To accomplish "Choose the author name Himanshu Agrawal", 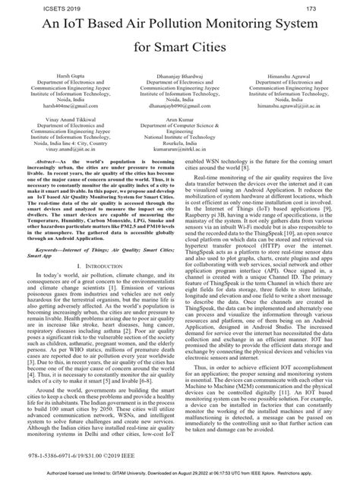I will click(x=295, y=83).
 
